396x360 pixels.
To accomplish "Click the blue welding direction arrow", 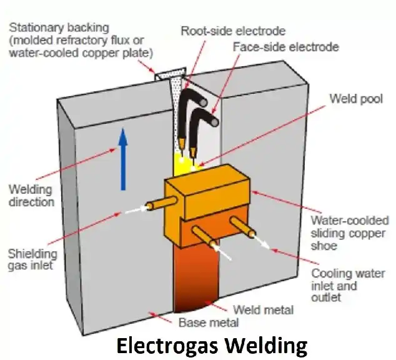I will tap(124, 159).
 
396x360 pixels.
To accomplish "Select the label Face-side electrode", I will tap(285, 47).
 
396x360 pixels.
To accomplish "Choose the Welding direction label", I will tap(31, 195).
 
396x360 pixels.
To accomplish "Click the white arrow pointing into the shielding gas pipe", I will tap(134, 211).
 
